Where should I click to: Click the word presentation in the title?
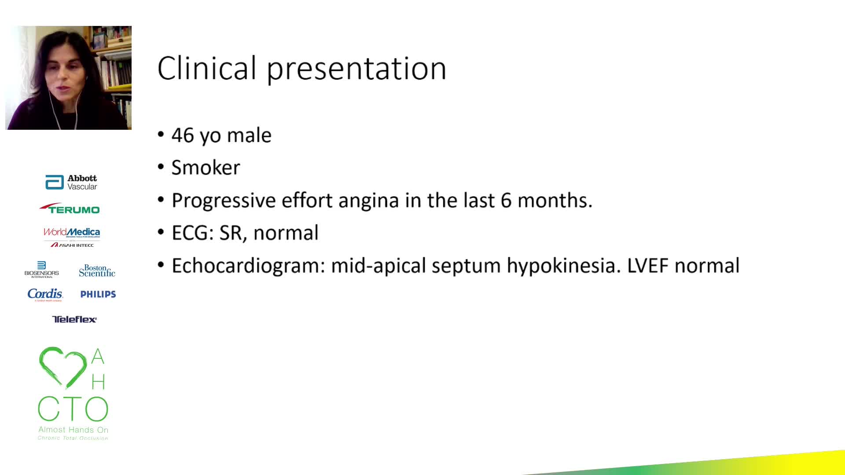(x=357, y=69)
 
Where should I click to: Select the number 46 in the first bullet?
(x=183, y=135)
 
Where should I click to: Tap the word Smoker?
(x=206, y=168)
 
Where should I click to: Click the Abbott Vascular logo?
(x=71, y=182)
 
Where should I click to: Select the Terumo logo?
(x=70, y=208)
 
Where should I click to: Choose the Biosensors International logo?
(x=42, y=270)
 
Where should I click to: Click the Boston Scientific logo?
(x=97, y=270)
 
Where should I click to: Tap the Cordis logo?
(x=45, y=294)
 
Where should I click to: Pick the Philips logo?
(x=98, y=294)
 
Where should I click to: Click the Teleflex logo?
(x=74, y=319)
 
